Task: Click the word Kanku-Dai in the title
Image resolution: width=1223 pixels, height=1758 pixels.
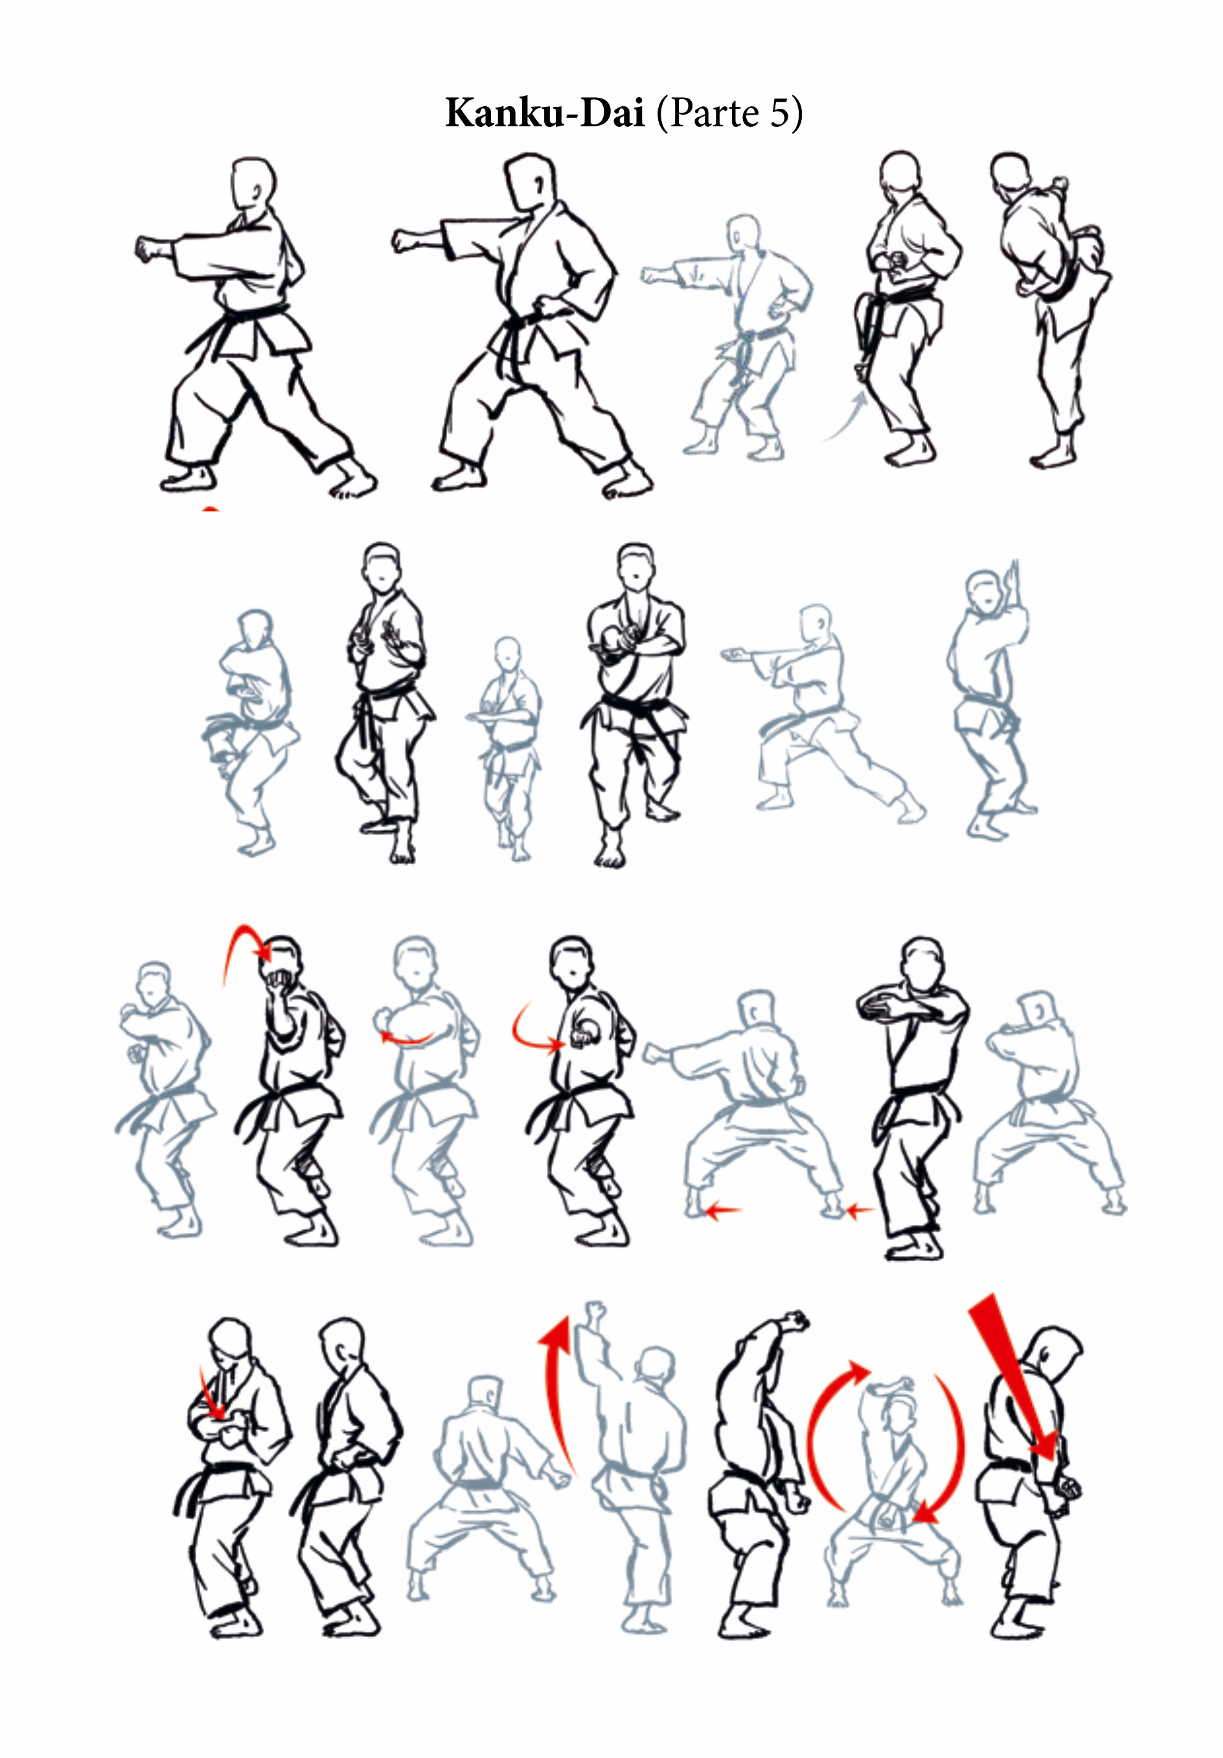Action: (x=545, y=113)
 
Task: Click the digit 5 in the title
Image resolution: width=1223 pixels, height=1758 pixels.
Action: (x=779, y=113)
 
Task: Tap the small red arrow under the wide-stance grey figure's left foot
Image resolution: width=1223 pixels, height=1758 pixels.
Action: (x=722, y=1211)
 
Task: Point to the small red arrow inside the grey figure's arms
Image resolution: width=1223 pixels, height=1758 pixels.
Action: (x=407, y=1039)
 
